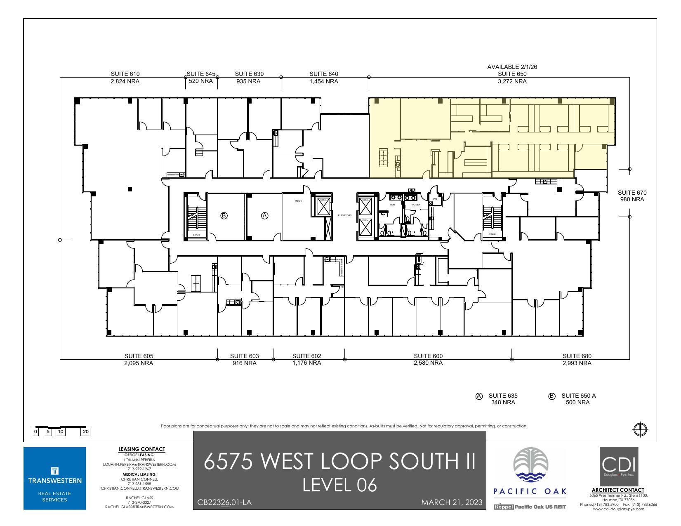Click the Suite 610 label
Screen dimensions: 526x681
125,74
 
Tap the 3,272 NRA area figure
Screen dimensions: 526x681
512,81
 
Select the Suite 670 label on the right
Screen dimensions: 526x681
632,193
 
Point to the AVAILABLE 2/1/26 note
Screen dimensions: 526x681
512,67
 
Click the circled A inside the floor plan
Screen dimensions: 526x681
265,215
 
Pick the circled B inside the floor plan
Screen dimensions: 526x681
224,215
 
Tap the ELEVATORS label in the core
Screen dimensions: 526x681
345,215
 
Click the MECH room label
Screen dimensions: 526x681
298,201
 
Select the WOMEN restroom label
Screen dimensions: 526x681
416,205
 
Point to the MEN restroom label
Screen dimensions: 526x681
392,205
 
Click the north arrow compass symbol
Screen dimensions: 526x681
640,429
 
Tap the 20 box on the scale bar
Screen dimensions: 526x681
86,432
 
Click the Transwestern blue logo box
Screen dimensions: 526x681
54,478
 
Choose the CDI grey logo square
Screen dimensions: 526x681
619,466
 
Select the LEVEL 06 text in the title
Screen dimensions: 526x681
339,485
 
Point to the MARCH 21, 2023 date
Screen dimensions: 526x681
452,502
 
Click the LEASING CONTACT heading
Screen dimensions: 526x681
141,449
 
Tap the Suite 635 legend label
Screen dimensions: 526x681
503,396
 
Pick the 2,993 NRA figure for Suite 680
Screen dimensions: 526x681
577,363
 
